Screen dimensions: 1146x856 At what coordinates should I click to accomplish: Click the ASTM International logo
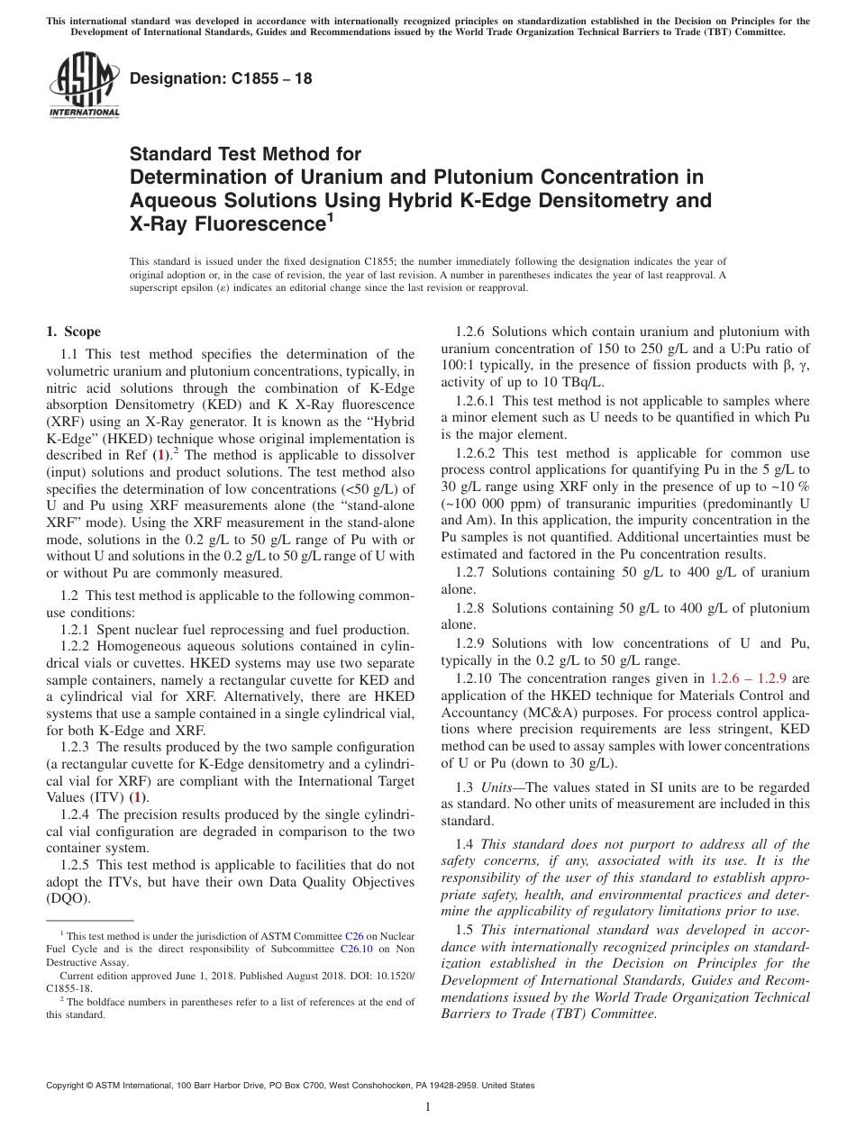point(83,85)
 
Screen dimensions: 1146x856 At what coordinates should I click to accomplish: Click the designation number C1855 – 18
point(221,79)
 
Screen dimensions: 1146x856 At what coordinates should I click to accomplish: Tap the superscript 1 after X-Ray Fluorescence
point(330,216)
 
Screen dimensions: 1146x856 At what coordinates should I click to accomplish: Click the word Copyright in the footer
point(68,1086)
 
